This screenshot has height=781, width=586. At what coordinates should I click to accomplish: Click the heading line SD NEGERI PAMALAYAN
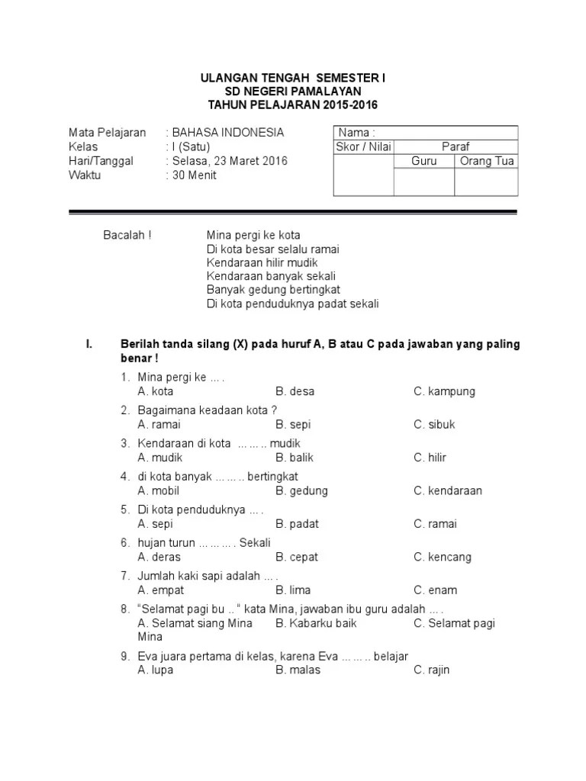pyautogui.click(x=292, y=91)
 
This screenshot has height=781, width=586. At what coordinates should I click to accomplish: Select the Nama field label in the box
pyautogui.click(x=356, y=133)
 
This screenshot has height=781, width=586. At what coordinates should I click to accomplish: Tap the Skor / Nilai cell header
pyautogui.click(x=363, y=146)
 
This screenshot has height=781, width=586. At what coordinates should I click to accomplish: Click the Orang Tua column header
pyautogui.click(x=487, y=161)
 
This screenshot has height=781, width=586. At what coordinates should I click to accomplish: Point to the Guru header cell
pyautogui.click(x=423, y=161)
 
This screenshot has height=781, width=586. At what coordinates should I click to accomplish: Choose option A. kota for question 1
pyautogui.click(x=156, y=391)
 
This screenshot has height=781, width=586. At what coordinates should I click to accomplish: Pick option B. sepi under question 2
pyautogui.click(x=293, y=424)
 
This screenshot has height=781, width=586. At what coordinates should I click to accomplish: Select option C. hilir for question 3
pyautogui.click(x=430, y=458)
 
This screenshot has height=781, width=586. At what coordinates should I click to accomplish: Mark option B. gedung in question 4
pyautogui.click(x=301, y=490)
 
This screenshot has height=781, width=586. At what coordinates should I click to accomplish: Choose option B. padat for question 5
pyautogui.click(x=297, y=524)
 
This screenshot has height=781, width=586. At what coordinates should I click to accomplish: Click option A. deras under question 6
pyautogui.click(x=159, y=557)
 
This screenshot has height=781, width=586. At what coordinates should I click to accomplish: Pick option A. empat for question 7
pyautogui.click(x=160, y=590)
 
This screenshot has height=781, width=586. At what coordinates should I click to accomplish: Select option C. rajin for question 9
pyautogui.click(x=432, y=670)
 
